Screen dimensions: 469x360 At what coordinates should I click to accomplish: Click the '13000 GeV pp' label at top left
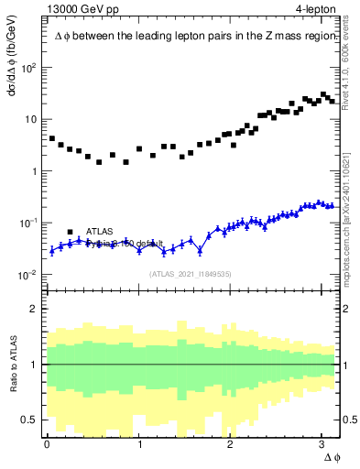78,9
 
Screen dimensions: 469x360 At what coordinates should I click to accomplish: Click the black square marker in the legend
71,232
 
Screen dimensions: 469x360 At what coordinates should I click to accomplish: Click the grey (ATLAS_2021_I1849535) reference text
190,273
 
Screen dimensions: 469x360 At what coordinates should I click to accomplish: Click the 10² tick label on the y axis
29,68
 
